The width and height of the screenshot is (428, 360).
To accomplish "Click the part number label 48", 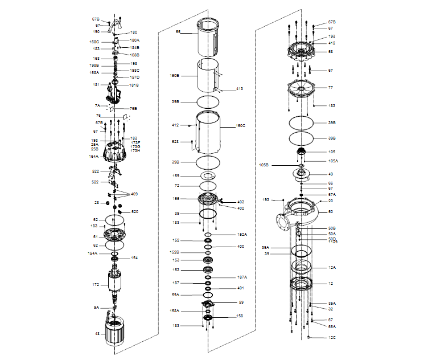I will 97,334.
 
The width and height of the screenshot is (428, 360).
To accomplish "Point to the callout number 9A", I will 96,308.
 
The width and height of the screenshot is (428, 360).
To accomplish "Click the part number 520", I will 135,212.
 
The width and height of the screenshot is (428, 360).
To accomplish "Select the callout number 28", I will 97,203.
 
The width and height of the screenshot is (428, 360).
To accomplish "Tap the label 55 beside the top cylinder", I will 178,32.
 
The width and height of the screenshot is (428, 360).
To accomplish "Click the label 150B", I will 175,75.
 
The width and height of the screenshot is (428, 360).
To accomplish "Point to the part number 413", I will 240,89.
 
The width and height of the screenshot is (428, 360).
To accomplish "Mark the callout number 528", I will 175,141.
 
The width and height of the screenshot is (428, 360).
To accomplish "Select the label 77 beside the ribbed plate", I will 330,88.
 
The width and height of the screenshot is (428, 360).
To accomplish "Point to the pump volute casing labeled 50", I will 302,214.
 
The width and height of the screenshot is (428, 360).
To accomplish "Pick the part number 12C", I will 332,338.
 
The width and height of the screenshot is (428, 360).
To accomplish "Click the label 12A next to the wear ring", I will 332,267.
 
